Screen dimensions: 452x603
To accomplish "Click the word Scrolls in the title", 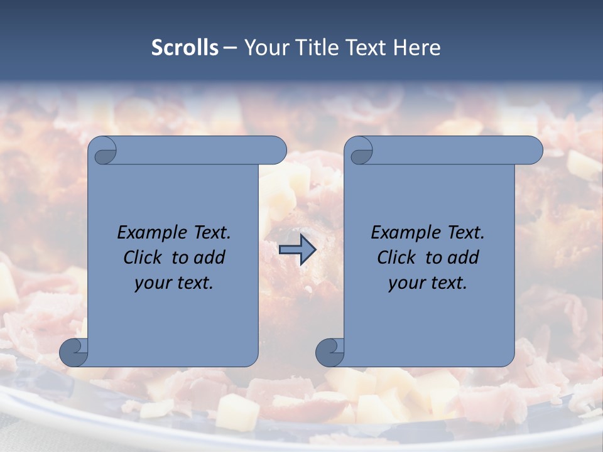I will pos(185,47).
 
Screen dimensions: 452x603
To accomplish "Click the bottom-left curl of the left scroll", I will pos(74,352).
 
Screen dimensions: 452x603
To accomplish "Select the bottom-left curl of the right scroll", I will pos(330,352).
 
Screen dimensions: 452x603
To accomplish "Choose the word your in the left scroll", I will pos(152,283).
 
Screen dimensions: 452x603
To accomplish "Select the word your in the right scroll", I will pos(406,283).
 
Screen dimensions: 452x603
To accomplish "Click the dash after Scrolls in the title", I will pos(231,48).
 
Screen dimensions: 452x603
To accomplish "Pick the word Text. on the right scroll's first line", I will pos(465,233).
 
